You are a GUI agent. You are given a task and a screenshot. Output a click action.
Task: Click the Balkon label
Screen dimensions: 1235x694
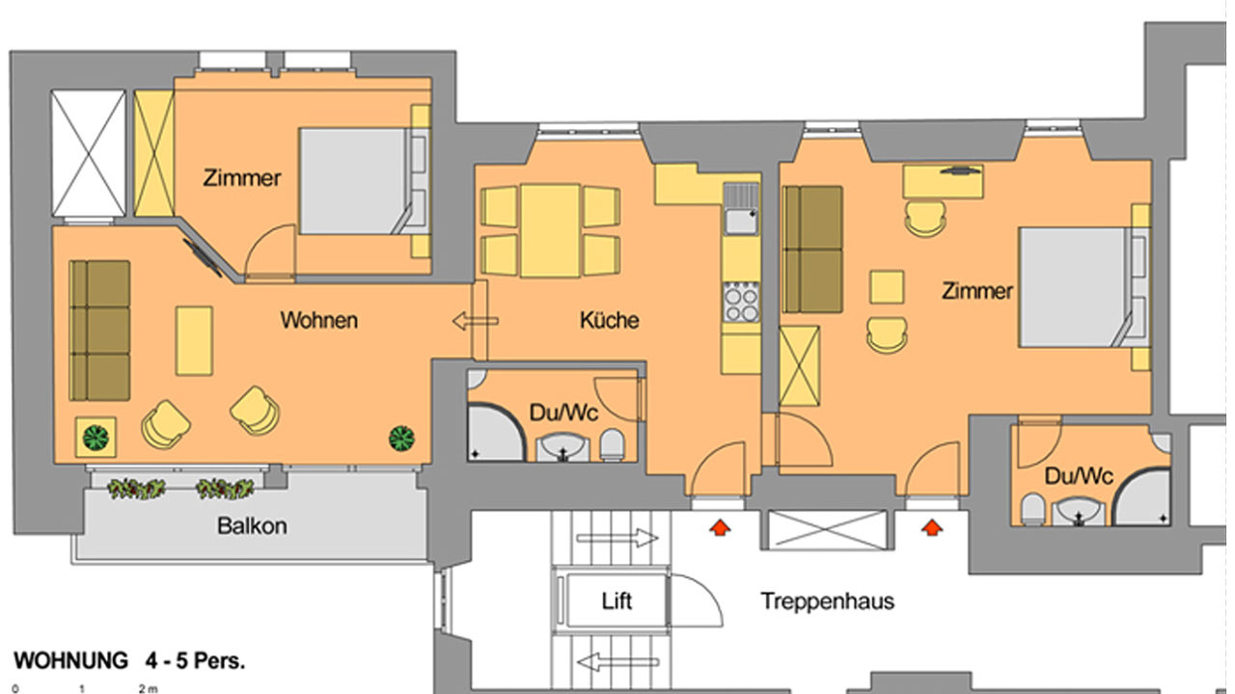pyautogui.click(x=252, y=526)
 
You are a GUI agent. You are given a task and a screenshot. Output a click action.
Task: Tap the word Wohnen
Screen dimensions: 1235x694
pyautogui.click(x=318, y=320)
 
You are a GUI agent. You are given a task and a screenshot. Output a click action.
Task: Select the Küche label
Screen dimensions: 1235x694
pyautogui.click(x=609, y=320)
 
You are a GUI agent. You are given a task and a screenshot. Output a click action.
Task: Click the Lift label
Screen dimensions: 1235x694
pyautogui.click(x=617, y=601)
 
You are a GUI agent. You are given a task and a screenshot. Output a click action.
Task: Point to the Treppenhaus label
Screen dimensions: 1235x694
pyautogui.click(x=828, y=601)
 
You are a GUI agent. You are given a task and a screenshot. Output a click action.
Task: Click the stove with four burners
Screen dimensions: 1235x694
pyautogui.click(x=742, y=302)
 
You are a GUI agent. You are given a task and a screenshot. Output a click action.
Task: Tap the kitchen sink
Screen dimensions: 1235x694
pyautogui.click(x=742, y=209)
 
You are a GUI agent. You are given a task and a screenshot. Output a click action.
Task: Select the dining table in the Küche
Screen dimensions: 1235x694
pyautogui.click(x=550, y=230)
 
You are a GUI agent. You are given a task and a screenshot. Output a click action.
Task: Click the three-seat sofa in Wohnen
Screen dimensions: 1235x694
pyautogui.click(x=99, y=331)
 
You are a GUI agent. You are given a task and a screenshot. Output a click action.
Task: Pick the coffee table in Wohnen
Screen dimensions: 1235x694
pyautogui.click(x=194, y=341)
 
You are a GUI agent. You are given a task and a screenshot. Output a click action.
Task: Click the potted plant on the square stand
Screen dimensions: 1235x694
pyautogui.click(x=96, y=438)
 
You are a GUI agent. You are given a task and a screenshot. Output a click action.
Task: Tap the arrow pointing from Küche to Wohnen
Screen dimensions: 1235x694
pyautogui.click(x=476, y=321)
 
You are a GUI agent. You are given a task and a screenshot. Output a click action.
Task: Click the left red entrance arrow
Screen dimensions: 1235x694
pyautogui.click(x=720, y=527)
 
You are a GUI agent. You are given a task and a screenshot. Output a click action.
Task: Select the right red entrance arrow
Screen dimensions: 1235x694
pyautogui.click(x=932, y=527)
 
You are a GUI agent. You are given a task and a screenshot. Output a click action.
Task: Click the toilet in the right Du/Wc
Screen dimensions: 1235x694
pyautogui.click(x=1032, y=509)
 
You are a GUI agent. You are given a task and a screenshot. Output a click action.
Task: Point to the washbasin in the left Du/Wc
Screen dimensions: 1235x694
pyautogui.click(x=563, y=447)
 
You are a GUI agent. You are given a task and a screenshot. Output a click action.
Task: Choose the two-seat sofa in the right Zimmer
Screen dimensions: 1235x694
pyautogui.click(x=813, y=249)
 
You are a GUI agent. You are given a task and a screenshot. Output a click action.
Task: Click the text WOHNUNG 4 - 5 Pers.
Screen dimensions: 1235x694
pyautogui.click(x=129, y=660)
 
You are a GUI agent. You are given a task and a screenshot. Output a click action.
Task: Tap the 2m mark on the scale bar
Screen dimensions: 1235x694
pyautogui.click(x=148, y=688)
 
